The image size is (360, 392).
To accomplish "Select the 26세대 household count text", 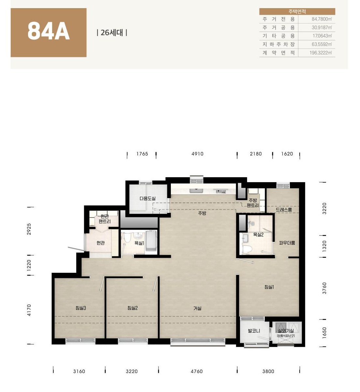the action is [x=112, y=33].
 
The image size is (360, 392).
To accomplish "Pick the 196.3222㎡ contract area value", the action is [x=321, y=53].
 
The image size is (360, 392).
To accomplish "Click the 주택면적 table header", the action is [x=297, y=11].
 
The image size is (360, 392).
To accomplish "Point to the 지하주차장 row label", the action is [x=279, y=44].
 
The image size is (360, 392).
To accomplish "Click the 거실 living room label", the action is [x=197, y=308].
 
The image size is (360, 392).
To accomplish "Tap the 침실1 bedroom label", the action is [x=269, y=287].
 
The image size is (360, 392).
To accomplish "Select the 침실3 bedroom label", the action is [x=81, y=308].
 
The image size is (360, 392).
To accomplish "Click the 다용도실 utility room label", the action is [x=147, y=198].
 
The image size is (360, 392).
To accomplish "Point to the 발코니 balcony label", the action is [x=254, y=331].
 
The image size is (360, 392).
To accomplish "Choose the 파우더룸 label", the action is [x=287, y=243].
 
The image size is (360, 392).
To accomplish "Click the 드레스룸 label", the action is [x=284, y=210].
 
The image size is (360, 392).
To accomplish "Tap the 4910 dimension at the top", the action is [x=197, y=154].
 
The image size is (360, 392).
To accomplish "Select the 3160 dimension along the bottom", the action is [x=79, y=371].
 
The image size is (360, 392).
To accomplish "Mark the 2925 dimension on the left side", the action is [x=29, y=229].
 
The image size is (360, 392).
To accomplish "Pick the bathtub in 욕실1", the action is [x=151, y=242].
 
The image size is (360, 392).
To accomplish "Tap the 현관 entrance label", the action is [x=100, y=243].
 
